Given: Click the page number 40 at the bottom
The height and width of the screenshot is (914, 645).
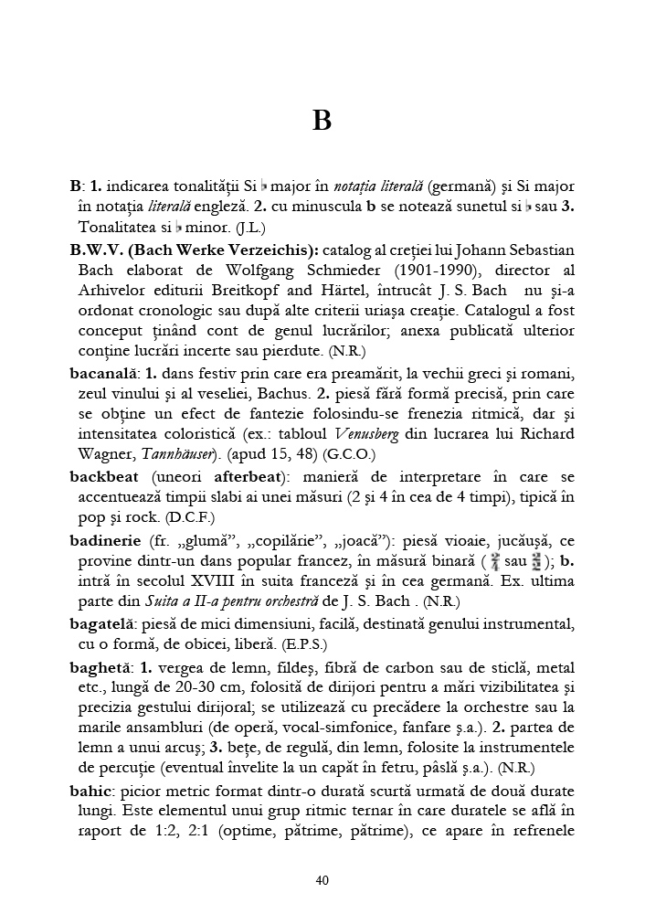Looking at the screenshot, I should pyautogui.click(x=322, y=880).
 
